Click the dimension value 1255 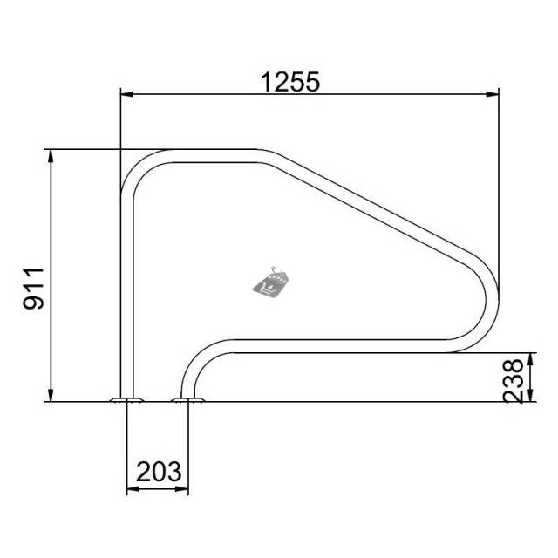(290, 82)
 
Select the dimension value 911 (34, 289)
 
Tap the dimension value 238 (513, 381)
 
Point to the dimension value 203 (159, 472)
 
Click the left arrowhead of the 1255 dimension (127, 94)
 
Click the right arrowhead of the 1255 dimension (493, 94)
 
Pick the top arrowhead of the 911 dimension (51, 156)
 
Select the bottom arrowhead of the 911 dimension (51, 395)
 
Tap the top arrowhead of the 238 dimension (530, 359)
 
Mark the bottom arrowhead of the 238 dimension (530, 395)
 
